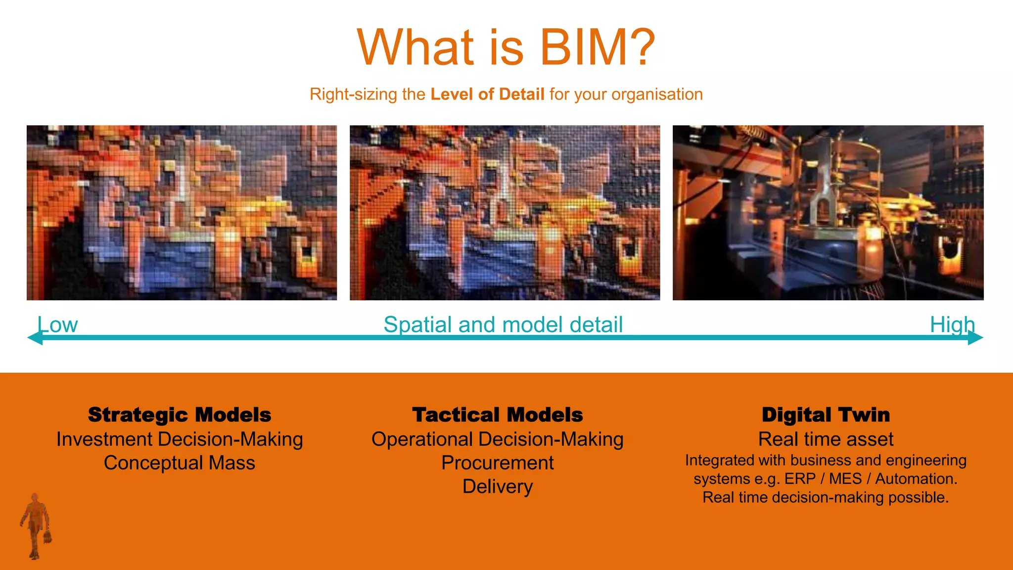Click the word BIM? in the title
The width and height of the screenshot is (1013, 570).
pyautogui.click(x=598, y=47)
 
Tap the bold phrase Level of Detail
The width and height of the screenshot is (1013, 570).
pyautogui.click(x=487, y=94)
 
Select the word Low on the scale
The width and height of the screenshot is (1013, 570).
pyautogui.click(x=57, y=325)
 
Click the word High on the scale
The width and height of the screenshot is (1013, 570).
pyautogui.click(x=952, y=325)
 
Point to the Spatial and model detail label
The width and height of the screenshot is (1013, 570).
pyautogui.click(x=503, y=325)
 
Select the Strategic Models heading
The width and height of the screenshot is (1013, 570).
pyautogui.click(x=180, y=415)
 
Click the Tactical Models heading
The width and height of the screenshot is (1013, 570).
pyautogui.click(x=498, y=415)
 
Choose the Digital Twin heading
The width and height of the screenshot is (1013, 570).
pyautogui.click(x=826, y=415)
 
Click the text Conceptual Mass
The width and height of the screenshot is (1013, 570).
pyautogui.click(x=180, y=463)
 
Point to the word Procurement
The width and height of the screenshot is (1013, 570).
pyautogui.click(x=498, y=463)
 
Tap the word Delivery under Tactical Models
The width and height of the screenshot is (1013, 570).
pyautogui.click(x=498, y=486)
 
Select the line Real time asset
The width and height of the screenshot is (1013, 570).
pyautogui.click(x=826, y=439)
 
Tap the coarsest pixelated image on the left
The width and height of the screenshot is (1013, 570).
pyautogui.click(x=182, y=213)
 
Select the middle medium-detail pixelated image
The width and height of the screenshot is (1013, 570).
pyautogui.click(x=505, y=213)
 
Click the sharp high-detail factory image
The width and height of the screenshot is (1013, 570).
pyautogui.click(x=828, y=213)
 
